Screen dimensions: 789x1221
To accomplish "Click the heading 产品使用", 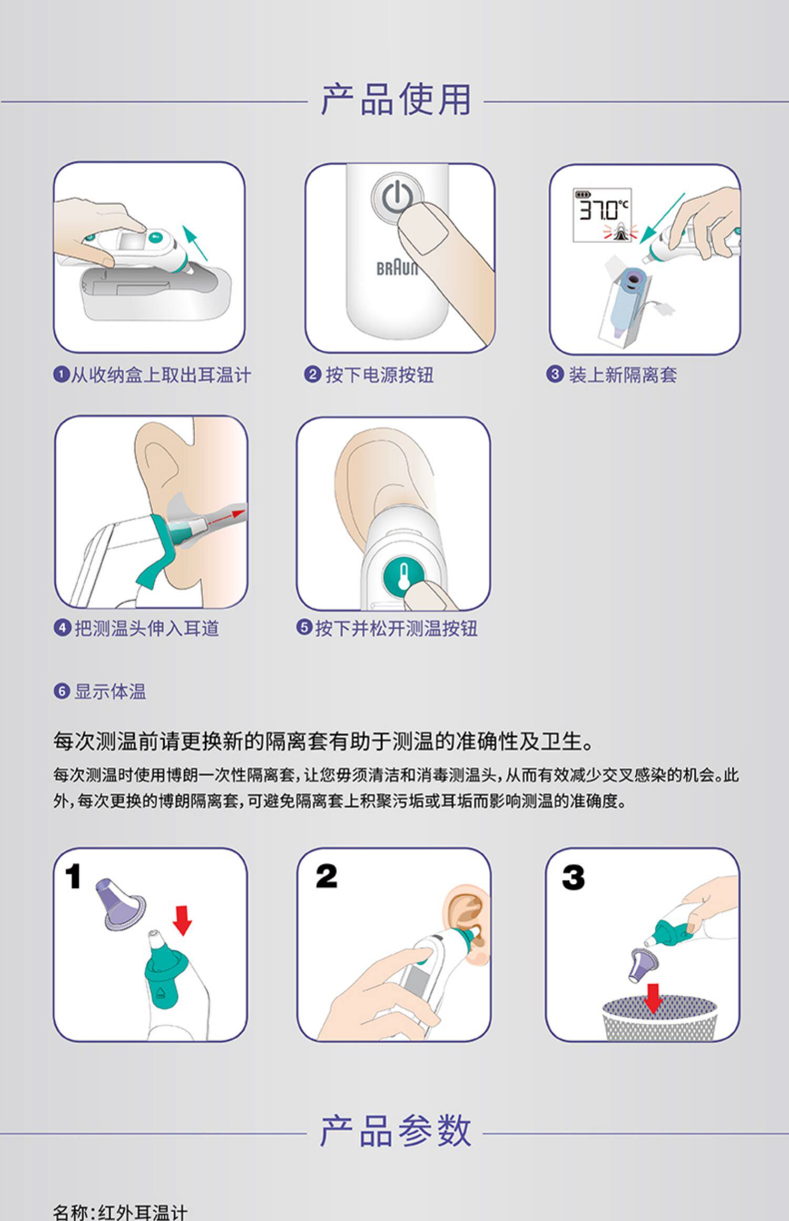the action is pyautogui.click(x=396, y=99).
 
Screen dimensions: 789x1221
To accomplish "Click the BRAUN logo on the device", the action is pyautogui.click(x=397, y=269).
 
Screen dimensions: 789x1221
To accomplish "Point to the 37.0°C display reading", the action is pyautogui.click(x=603, y=210).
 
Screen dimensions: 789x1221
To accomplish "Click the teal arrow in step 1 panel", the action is pyautogui.click(x=195, y=243).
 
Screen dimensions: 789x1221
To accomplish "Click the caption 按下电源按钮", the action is pyautogui.click(x=379, y=375).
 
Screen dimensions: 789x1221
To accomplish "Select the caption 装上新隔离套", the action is pyautogui.click(x=622, y=375).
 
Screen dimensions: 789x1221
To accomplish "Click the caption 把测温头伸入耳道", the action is pyautogui.click(x=146, y=628).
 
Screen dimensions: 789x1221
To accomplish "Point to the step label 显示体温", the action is pyautogui.click(x=110, y=691).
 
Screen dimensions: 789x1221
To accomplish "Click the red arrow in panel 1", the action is pyautogui.click(x=183, y=920).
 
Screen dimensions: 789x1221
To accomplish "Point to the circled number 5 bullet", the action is pyautogui.click(x=304, y=627).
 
